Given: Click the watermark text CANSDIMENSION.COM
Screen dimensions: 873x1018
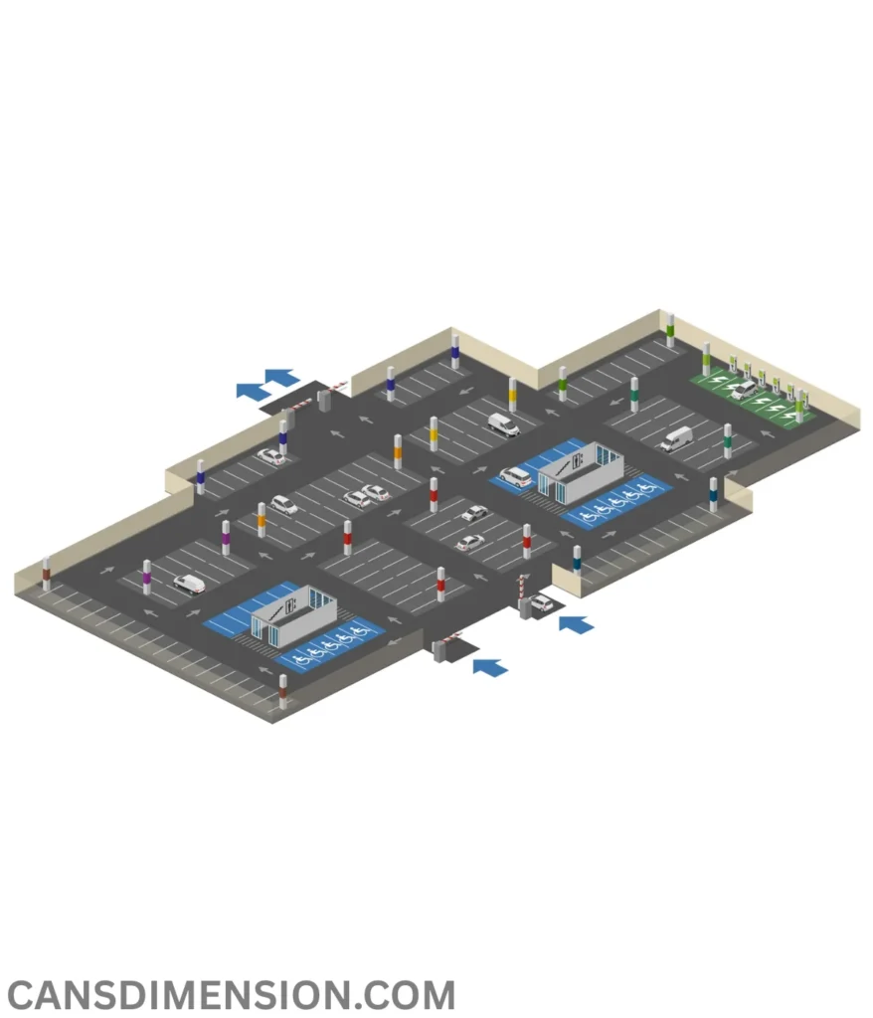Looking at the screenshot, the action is point(231,994).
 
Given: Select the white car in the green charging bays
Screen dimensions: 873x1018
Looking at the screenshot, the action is point(744,390).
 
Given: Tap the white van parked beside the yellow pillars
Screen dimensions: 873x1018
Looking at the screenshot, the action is point(504,424).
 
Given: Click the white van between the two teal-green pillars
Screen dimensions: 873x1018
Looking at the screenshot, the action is point(677,438).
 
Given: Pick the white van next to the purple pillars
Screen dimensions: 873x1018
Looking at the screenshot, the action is point(189,583).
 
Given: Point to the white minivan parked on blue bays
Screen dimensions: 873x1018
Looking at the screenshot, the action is point(515,477).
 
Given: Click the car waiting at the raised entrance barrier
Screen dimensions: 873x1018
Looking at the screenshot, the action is point(541,602).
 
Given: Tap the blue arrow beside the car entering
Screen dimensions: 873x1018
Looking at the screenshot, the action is point(576,624).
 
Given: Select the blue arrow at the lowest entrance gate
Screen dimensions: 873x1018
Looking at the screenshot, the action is point(490,667).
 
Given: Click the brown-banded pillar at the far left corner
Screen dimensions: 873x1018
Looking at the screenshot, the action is point(46,574).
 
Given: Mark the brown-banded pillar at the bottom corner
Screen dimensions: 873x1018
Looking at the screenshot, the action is point(282,692).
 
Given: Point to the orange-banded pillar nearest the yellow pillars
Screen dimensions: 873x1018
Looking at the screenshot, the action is point(398,452).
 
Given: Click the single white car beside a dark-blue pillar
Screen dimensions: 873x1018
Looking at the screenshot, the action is point(270,456).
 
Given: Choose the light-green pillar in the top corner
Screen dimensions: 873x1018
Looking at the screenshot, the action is point(670,330).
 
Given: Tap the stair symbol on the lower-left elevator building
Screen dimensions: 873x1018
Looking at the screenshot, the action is point(275,611).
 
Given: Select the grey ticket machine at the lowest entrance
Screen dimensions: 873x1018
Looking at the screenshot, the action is point(438,651).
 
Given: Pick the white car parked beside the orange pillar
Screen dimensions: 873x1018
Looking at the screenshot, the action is point(283,504).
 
